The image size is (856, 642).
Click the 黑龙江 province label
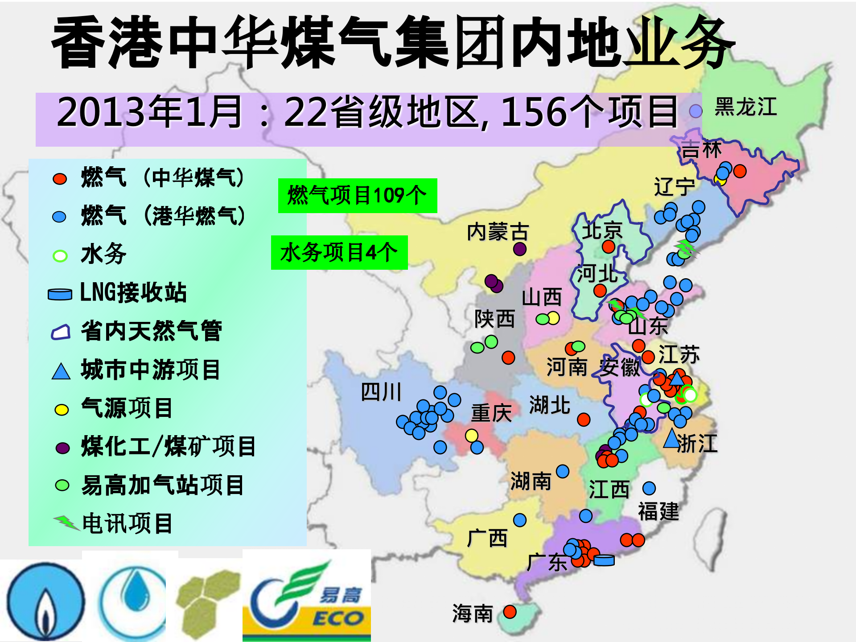[x=745, y=107]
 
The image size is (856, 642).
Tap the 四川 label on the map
[x=381, y=392]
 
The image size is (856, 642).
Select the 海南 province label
[x=473, y=613]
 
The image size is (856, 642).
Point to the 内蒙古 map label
[x=498, y=232]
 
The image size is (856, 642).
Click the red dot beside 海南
[x=510, y=612]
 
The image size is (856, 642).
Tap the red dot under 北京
[x=608, y=247]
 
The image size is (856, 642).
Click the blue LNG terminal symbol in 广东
[x=604, y=560]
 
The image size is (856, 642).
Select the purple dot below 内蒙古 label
[x=519, y=249]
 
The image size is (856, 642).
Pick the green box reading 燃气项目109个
[x=358, y=196]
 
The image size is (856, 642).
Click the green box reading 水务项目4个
[x=339, y=253]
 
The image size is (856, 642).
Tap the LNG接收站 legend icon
[x=60, y=294]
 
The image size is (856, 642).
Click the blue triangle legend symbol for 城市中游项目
[x=61, y=371]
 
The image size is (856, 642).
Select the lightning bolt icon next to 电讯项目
[x=66, y=522]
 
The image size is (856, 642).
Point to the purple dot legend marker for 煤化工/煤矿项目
[x=62, y=448]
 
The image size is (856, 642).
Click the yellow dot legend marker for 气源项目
[x=62, y=409]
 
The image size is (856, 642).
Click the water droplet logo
[x=133, y=597]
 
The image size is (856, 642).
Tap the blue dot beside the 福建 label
[x=649, y=488]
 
